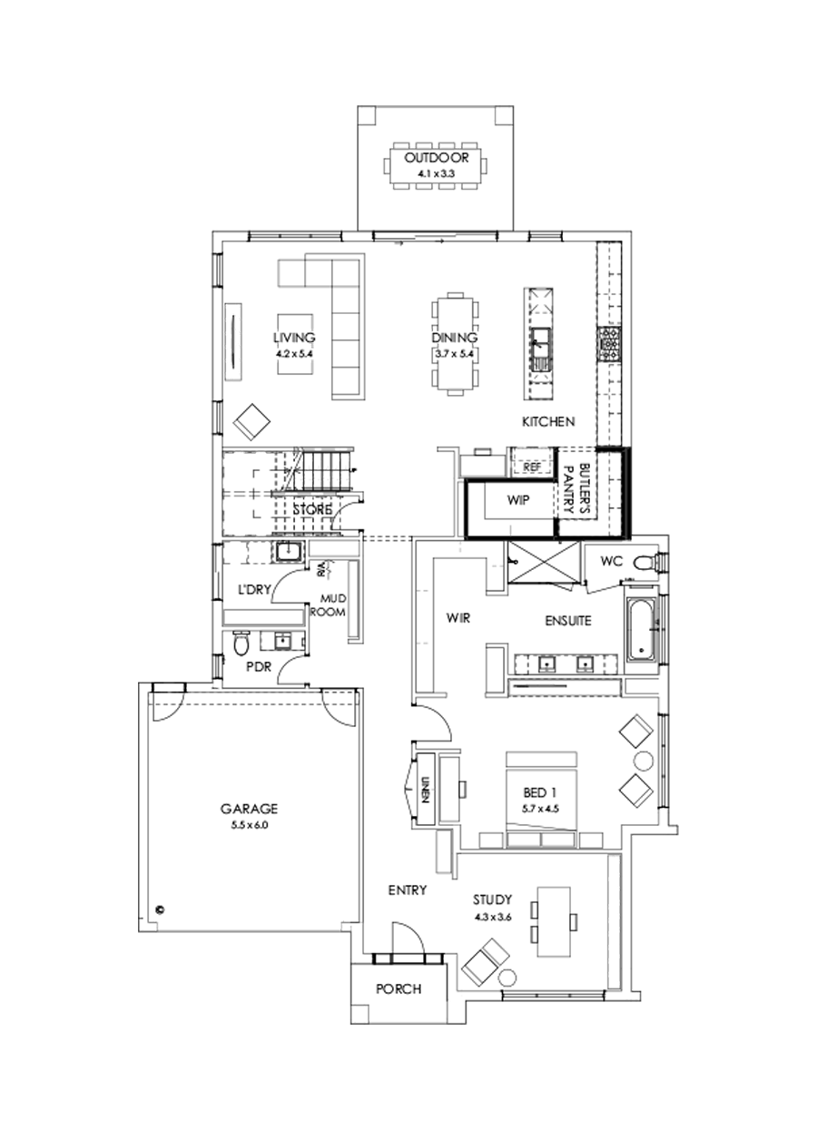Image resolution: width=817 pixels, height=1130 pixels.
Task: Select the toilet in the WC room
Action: pyautogui.click(x=645, y=563)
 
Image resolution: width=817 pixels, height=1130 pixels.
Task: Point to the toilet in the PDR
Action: pyautogui.click(x=240, y=644)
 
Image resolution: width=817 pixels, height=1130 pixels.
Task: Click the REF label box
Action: pyautogui.click(x=532, y=466)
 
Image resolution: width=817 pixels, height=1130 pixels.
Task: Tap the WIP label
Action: pyautogui.click(x=517, y=500)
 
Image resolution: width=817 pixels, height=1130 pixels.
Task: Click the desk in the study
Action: pyautogui.click(x=555, y=921)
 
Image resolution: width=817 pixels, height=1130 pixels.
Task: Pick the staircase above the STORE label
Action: pyautogui.click(x=323, y=473)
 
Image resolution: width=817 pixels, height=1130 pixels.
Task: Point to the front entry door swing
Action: pyautogui.click(x=406, y=939)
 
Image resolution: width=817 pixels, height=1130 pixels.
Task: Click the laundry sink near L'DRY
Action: pyautogui.click(x=290, y=551)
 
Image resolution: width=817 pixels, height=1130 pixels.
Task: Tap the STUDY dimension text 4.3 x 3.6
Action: pyautogui.click(x=493, y=917)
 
